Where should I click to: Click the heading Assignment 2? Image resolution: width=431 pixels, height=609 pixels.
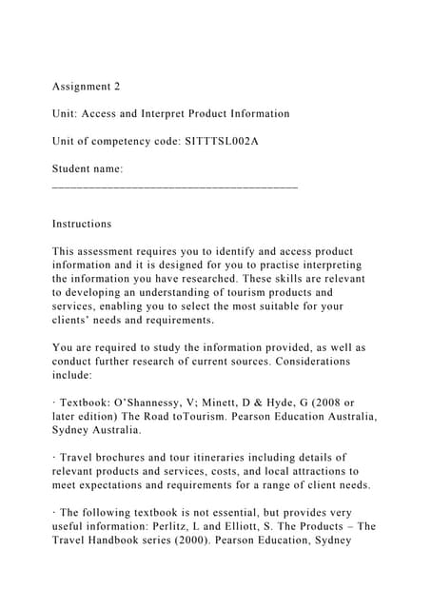(87, 87)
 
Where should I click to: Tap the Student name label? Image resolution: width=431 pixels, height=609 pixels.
(88, 168)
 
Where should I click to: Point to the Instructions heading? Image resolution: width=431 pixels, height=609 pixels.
(82, 224)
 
